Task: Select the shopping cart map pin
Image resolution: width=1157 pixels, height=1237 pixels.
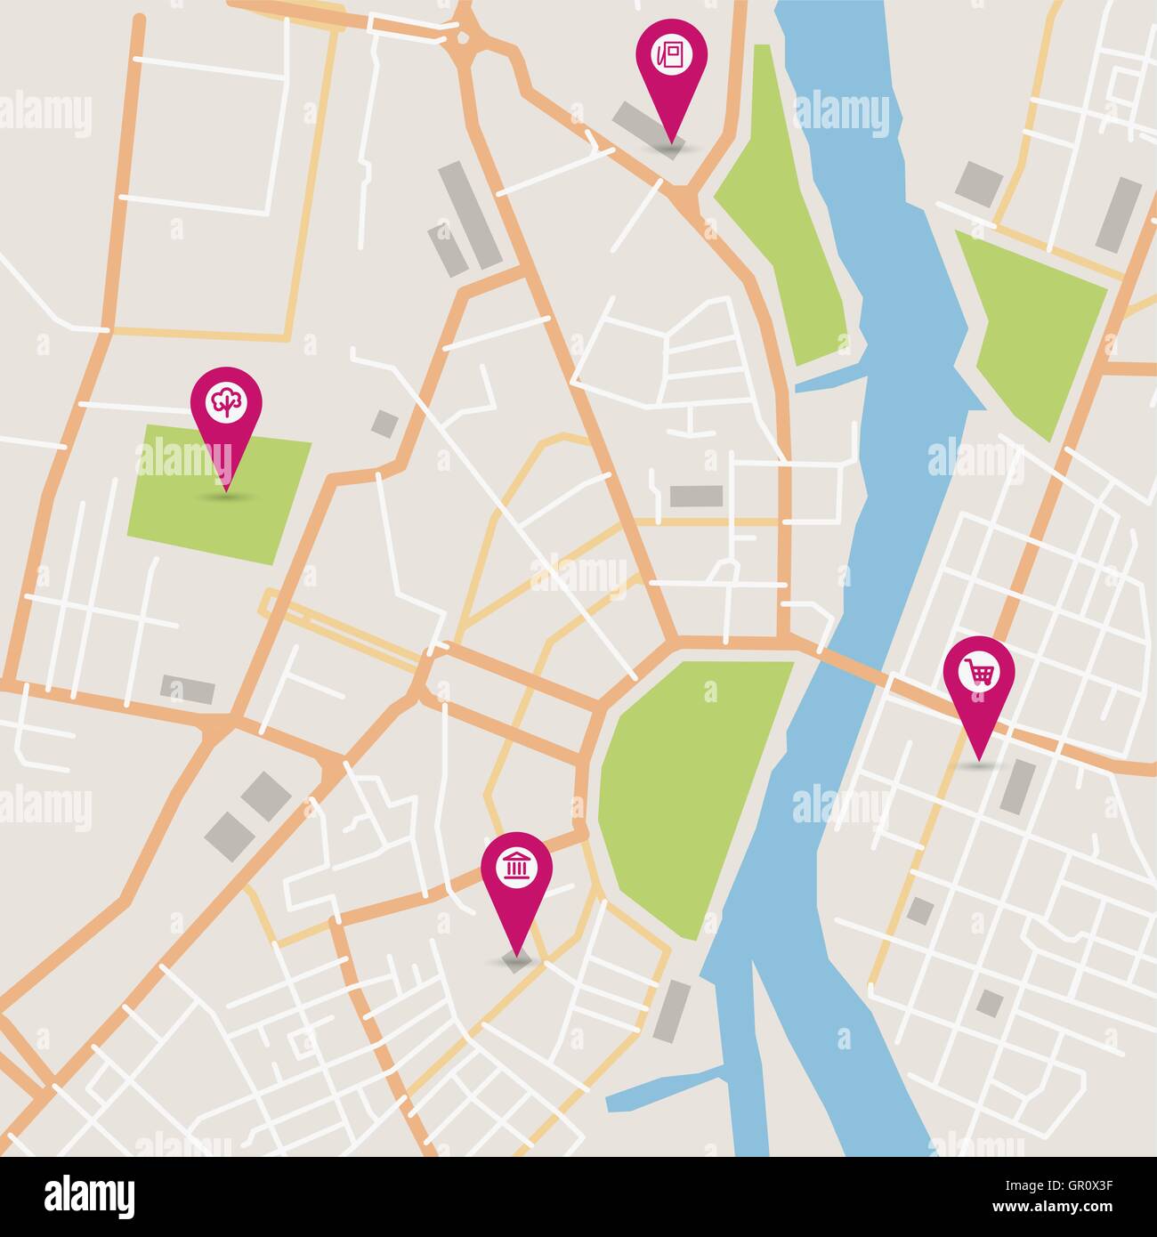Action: (x=979, y=676)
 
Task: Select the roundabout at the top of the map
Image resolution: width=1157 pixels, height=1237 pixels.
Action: (x=465, y=38)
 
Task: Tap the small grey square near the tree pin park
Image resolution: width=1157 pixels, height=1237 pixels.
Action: (x=385, y=424)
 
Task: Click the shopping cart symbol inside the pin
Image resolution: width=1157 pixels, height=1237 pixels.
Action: (x=979, y=673)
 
